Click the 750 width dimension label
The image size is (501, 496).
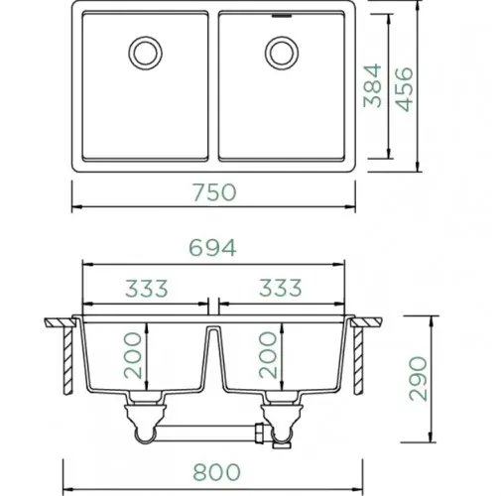tap(214, 192)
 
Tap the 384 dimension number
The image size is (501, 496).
tap(372, 86)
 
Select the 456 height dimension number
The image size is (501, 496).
tap(405, 89)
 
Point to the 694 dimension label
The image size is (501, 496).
tap(212, 248)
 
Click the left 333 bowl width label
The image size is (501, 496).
tap(147, 288)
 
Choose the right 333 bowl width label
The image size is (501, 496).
tap(281, 288)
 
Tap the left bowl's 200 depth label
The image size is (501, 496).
tap(133, 355)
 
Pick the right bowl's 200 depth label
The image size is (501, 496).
tap(268, 355)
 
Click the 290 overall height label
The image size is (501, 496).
tap(418, 379)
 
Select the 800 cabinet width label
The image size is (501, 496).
tap(216, 472)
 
